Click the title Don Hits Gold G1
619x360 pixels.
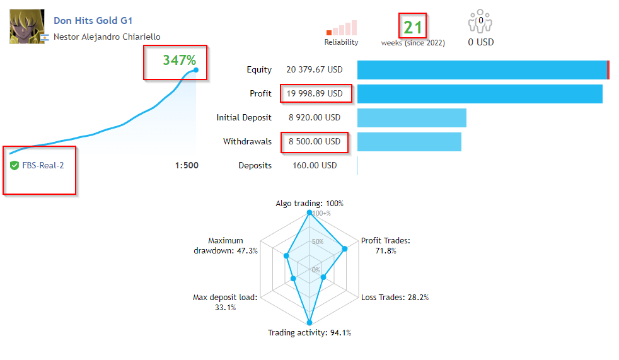pyautogui.click(x=93, y=21)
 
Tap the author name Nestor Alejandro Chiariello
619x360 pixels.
pyautogui.click(x=107, y=37)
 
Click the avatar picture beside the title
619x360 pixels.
pyautogui.click(x=27, y=26)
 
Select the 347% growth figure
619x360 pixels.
pyautogui.click(x=180, y=61)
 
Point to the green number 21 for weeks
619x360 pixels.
pyautogui.click(x=413, y=27)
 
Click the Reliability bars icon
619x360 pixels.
pyautogui.click(x=342, y=28)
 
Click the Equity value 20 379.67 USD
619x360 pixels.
pyautogui.click(x=314, y=70)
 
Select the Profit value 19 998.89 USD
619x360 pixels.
pyautogui.click(x=315, y=94)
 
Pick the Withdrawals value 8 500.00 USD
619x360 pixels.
pyautogui.click(x=315, y=142)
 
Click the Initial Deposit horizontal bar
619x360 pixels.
pyautogui.click(x=412, y=118)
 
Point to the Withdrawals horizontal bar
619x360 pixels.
pyautogui.click(x=409, y=142)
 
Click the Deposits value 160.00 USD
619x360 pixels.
pyautogui.click(x=313, y=166)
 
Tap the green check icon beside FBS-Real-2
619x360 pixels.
pyautogui.click(x=14, y=166)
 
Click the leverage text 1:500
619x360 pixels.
pyautogui.click(x=187, y=166)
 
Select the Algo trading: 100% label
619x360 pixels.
pyautogui.click(x=309, y=204)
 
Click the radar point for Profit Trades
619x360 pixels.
pyautogui.click(x=344, y=249)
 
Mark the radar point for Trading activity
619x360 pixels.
pyautogui.click(x=309, y=323)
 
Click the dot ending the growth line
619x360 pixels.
pyautogui.click(x=196, y=70)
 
